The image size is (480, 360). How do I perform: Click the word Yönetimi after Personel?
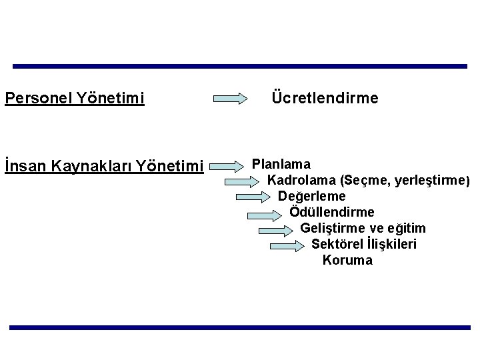pos(111,99)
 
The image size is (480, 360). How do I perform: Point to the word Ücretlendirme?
pos(325,99)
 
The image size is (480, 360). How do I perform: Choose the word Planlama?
pos(281,163)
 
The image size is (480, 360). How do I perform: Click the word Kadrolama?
pos(301,180)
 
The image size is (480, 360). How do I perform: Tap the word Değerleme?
pos(311,196)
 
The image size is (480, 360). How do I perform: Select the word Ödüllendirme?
pos(332,212)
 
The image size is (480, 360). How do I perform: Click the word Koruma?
pos(347,260)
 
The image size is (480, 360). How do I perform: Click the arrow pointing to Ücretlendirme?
pos(238,99)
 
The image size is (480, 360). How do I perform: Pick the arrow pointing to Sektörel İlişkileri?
pos(291,246)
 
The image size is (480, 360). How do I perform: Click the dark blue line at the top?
pos(240,67)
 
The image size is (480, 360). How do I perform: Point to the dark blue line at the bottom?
pos(240,327)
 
